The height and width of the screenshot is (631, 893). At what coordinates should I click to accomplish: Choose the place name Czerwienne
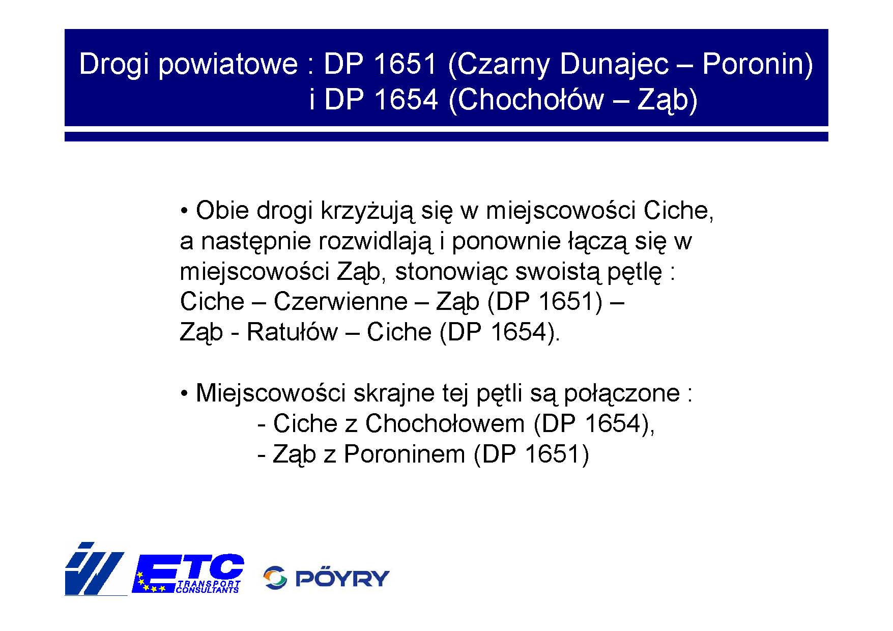(x=340, y=301)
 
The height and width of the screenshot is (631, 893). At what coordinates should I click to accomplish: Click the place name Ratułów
(x=292, y=332)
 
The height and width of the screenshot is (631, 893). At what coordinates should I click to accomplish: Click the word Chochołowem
(x=445, y=423)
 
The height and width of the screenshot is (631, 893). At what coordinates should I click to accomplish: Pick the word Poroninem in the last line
(x=405, y=454)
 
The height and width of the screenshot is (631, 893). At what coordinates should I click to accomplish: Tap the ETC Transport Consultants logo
(x=188, y=573)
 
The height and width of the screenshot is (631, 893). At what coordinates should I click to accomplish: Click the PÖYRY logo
(x=326, y=578)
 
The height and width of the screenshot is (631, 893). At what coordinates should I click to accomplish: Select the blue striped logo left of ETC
(x=95, y=569)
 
